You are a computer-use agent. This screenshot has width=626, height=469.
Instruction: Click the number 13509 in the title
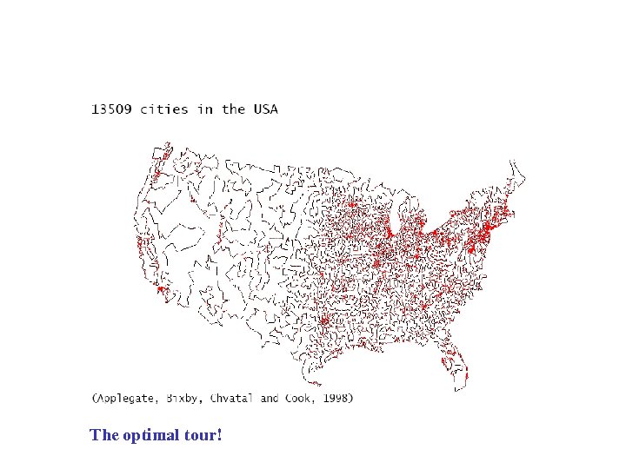(112, 109)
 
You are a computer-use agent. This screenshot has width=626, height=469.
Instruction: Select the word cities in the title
(169, 109)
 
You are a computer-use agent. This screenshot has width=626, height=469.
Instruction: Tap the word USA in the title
(265, 109)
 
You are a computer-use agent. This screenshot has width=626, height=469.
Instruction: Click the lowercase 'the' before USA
(233, 109)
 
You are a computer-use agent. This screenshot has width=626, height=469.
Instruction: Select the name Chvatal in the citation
(232, 399)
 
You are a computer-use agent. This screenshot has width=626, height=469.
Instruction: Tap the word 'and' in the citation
(270, 399)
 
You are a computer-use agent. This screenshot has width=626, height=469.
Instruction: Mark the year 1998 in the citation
(336, 399)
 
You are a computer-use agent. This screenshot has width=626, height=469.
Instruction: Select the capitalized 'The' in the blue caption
(103, 434)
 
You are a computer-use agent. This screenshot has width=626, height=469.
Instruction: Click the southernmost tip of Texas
(316, 384)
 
